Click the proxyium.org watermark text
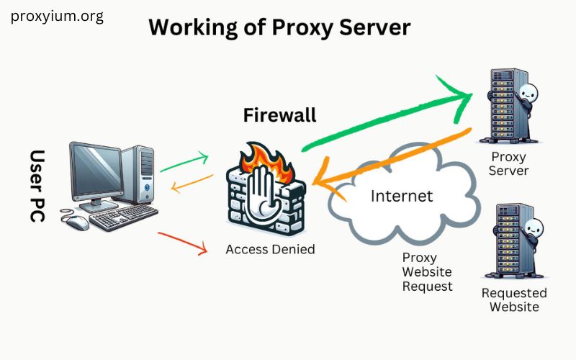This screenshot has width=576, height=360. (57, 17)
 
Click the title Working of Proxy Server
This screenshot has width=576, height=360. (279, 27)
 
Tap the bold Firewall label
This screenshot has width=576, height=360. (279, 115)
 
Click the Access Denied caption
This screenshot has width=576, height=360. (270, 249)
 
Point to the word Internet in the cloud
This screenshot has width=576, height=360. (401, 195)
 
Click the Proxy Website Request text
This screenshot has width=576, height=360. (427, 271)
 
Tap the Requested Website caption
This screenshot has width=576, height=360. (514, 300)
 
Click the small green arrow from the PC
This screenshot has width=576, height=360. (184, 162)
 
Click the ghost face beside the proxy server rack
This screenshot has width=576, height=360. (528, 94)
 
